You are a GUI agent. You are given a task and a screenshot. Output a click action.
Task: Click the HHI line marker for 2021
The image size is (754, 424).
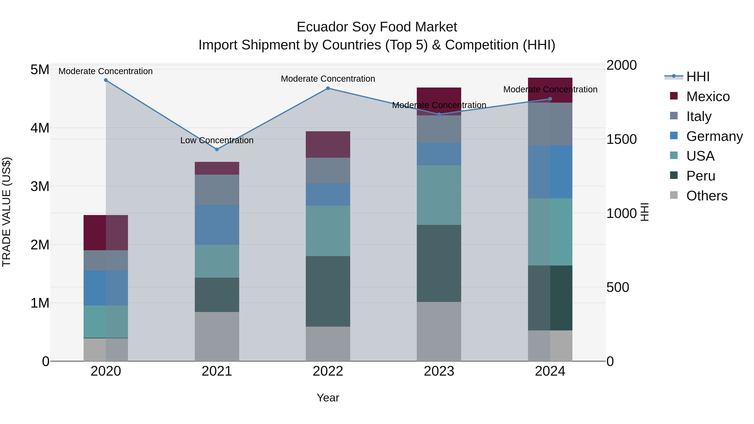(217, 149)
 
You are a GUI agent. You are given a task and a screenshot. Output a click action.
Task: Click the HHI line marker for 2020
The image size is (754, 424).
(106, 80)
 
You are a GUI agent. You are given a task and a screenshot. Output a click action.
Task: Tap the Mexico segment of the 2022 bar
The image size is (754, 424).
(328, 144)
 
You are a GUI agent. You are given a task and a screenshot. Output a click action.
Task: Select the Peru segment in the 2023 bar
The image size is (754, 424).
(439, 263)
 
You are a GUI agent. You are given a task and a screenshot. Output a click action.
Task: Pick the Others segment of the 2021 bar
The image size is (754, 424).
(217, 336)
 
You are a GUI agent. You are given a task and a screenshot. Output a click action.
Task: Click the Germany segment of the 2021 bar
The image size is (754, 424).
(217, 224)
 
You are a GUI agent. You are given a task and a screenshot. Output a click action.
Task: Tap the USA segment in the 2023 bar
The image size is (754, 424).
(439, 195)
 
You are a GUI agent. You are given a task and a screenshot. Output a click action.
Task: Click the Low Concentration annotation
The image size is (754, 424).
(217, 140)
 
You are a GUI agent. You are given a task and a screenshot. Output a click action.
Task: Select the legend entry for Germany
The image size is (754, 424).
(714, 136)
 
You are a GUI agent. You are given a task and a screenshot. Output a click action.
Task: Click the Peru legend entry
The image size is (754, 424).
(701, 176)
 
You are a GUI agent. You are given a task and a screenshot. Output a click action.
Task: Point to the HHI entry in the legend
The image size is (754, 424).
(698, 77)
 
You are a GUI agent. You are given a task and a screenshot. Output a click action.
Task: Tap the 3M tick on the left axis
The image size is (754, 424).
(40, 186)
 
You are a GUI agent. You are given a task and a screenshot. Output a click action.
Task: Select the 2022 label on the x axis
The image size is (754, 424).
(328, 371)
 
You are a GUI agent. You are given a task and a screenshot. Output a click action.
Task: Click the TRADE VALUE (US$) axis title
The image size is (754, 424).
(6, 212)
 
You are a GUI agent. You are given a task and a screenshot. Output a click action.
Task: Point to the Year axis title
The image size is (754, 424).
(328, 398)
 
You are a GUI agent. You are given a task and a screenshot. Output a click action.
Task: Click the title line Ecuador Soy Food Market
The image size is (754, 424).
(377, 27)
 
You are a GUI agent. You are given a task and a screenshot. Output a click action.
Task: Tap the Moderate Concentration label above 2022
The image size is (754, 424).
(328, 79)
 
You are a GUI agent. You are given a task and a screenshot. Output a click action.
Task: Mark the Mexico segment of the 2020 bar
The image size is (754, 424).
(106, 233)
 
